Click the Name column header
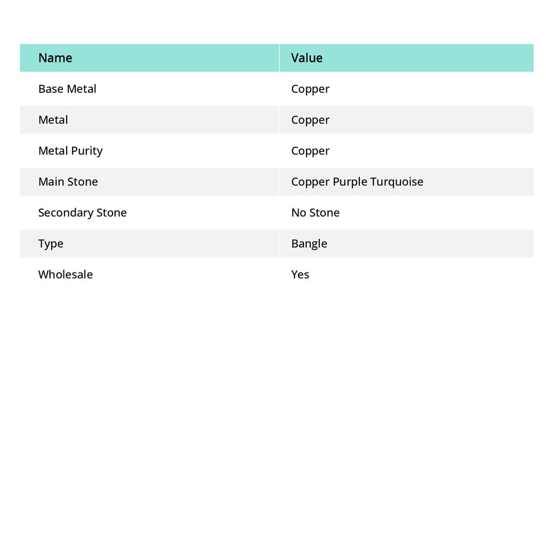click(x=55, y=58)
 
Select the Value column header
click(x=307, y=58)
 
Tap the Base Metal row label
click(x=67, y=89)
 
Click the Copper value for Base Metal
click(x=310, y=89)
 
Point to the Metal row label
click(x=53, y=119)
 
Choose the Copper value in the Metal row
click(x=310, y=120)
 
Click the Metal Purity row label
click(x=70, y=150)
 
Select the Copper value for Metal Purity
click(x=310, y=151)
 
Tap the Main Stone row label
click(x=68, y=181)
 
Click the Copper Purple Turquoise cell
click(x=357, y=182)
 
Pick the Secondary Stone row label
click(x=82, y=212)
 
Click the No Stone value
click(x=315, y=212)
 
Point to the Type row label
click(x=51, y=244)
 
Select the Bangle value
click(x=309, y=244)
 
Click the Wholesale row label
click(x=65, y=274)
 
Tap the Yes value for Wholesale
click(x=300, y=274)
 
